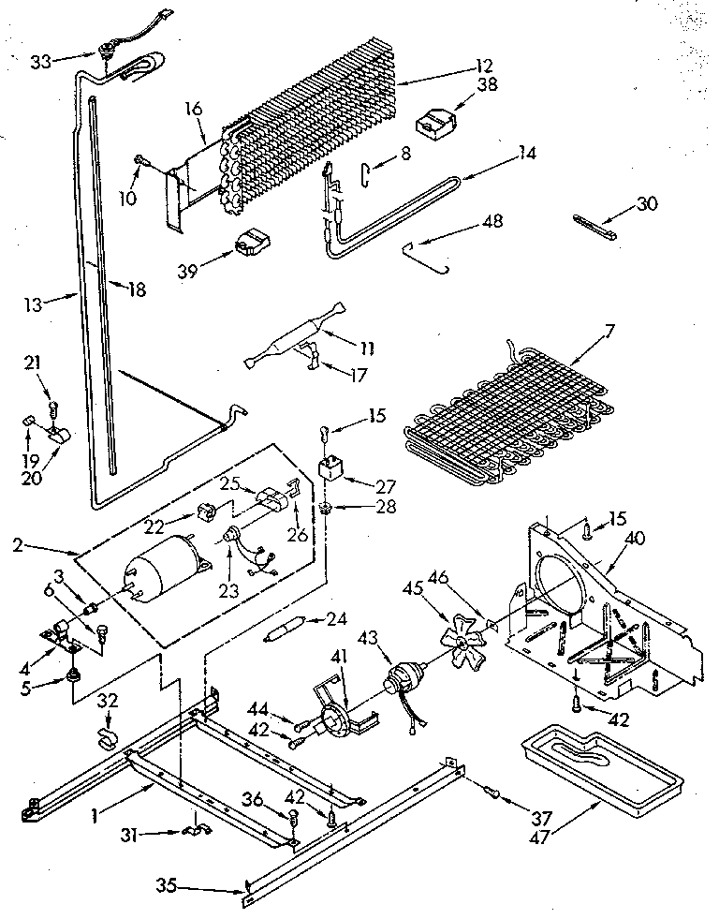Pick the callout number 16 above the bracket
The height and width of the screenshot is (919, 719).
click(x=193, y=110)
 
